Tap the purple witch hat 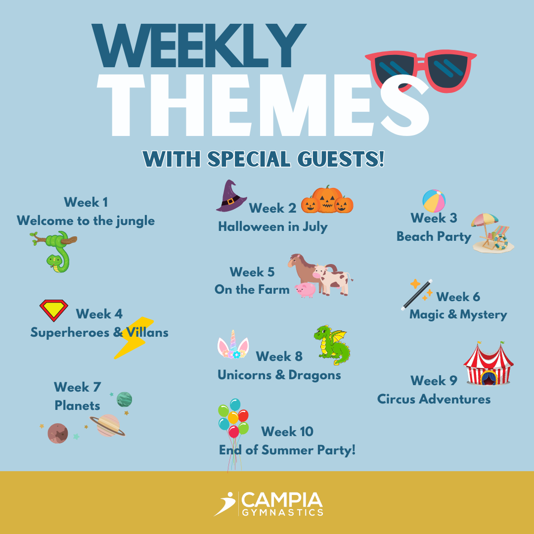pyautogui.click(x=230, y=196)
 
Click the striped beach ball pyautogui.click(x=434, y=201)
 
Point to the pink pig pyautogui.click(x=306, y=290)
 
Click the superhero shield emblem pyautogui.click(x=54, y=310)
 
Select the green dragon pyautogui.click(x=332, y=345)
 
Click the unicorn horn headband pyautogui.click(x=233, y=345)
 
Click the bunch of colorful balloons pyautogui.click(x=233, y=419)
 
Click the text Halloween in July pyautogui.click(x=273, y=227)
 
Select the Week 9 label pyautogui.click(x=434, y=380)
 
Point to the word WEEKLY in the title pyautogui.click(x=199, y=45)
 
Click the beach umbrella pyautogui.click(x=484, y=221)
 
